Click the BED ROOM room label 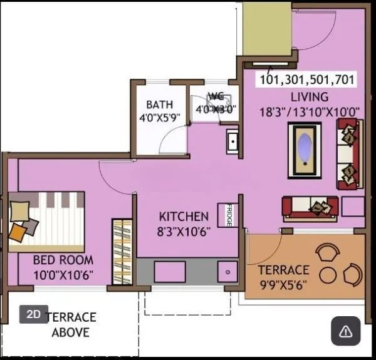pos(64,259)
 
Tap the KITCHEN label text pos(184,217)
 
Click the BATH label pos(160,105)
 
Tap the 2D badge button pos(34,314)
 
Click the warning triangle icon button pos(345,331)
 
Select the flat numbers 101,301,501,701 pos(307,80)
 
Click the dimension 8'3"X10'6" pos(184,231)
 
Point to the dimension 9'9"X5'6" pos(284,285)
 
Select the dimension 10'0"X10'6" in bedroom pos(64,274)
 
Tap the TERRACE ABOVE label pos(71,325)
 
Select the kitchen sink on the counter pos(226,272)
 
